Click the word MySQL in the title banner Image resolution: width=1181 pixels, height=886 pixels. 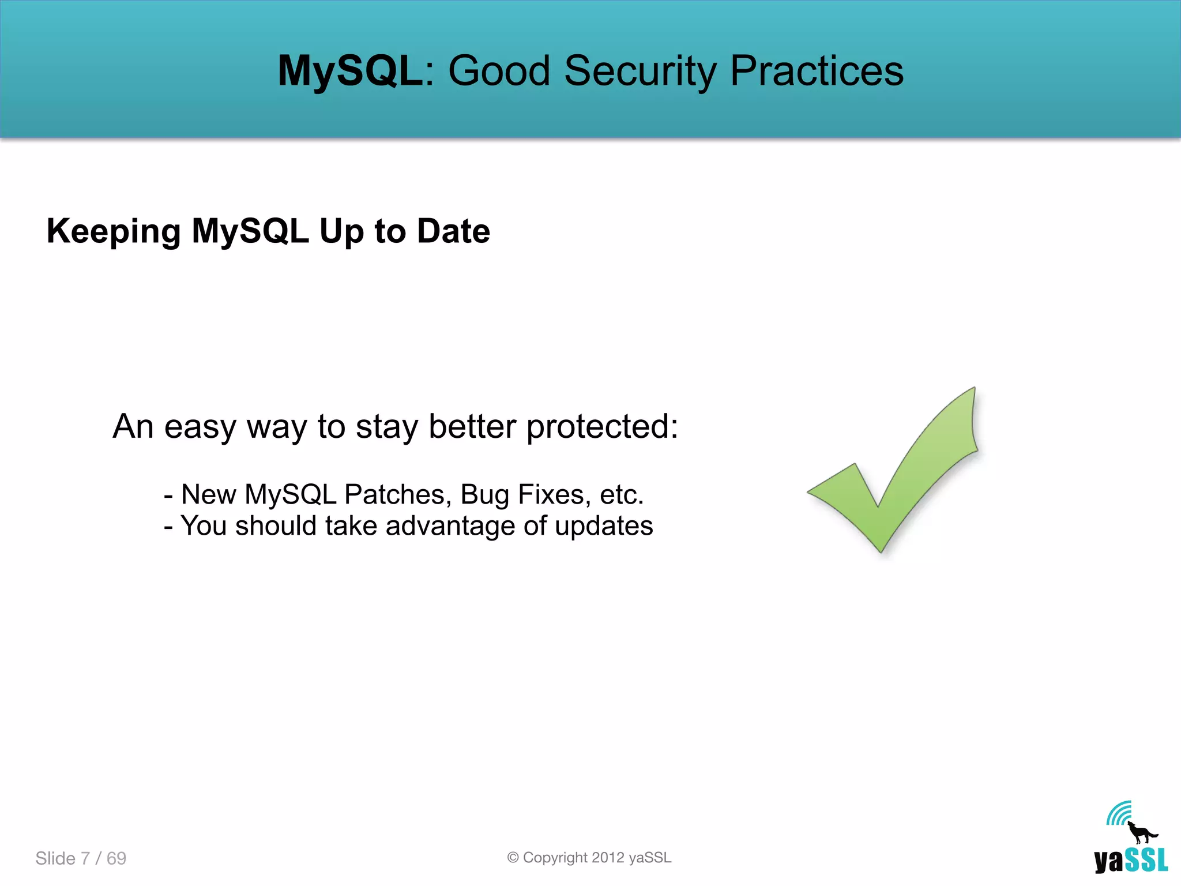pyautogui.click(x=350, y=71)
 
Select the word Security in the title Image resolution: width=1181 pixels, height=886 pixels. pyautogui.click(x=640, y=71)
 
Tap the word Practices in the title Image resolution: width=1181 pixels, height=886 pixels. pyautogui.click(x=817, y=71)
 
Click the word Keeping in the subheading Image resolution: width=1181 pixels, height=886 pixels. pyautogui.click(x=113, y=231)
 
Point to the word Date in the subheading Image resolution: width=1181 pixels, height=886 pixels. pyautogui.click(x=453, y=231)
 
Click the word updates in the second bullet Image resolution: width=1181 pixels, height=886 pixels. pyautogui.click(x=604, y=525)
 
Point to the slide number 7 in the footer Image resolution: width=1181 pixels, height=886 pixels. pyautogui.click(x=85, y=858)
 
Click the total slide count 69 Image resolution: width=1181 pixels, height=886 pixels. pyautogui.click(x=116, y=858)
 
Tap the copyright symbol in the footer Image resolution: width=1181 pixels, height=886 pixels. pyautogui.click(x=513, y=858)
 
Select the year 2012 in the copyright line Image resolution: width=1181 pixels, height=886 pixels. pyautogui.click(x=608, y=858)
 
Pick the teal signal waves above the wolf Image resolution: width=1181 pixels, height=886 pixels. pyautogui.click(x=1119, y=813)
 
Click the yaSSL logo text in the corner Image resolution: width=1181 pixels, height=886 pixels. pyautogui.click(x=1131, y=861)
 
